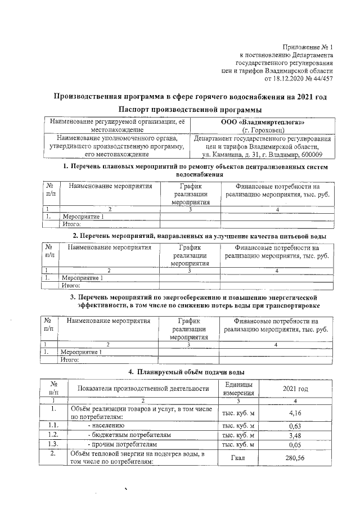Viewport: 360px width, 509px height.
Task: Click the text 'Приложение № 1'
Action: (308, 47)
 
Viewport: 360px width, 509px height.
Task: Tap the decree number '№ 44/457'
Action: (318, 79)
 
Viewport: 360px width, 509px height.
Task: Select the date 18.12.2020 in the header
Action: (285, 79)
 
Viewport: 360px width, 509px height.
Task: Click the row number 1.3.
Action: (53, 444)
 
